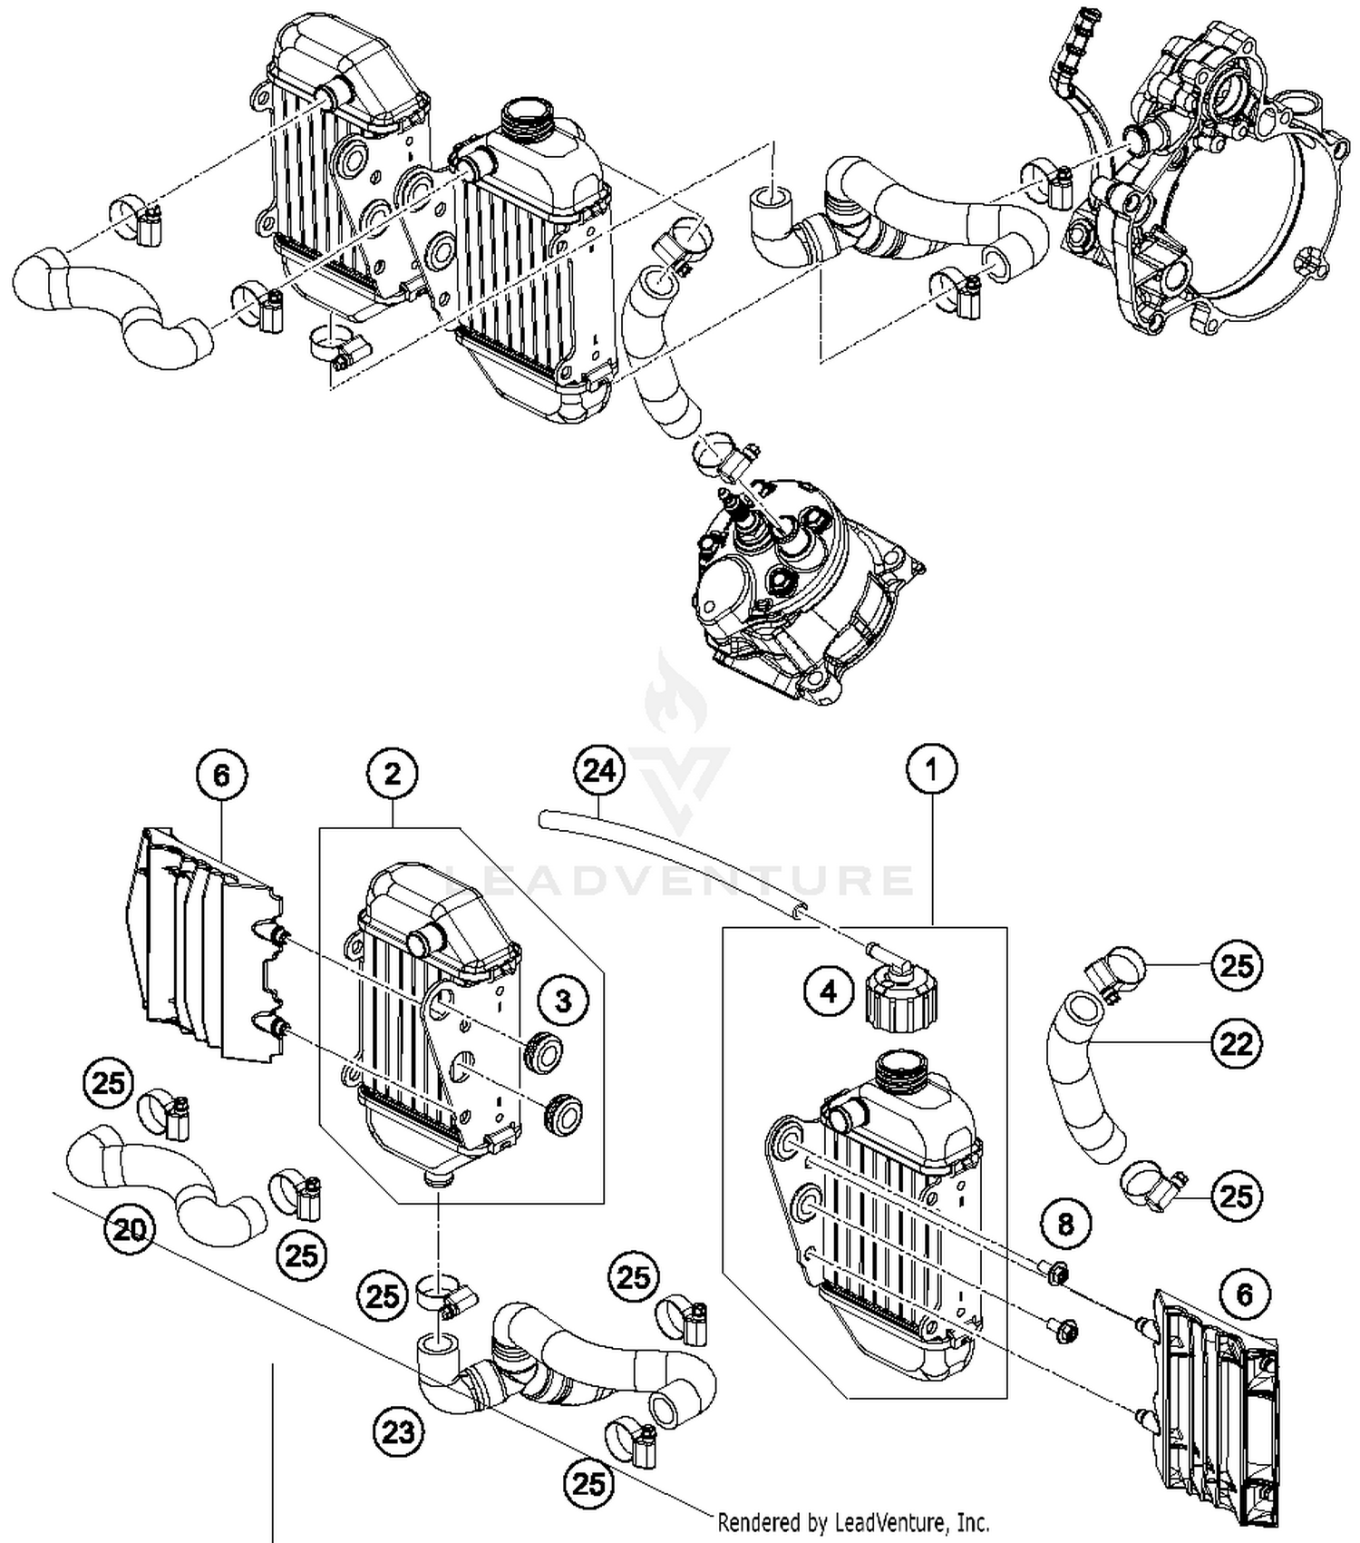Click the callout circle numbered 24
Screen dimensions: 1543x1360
[x=599, y=771]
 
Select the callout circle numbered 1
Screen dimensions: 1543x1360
[x=932, y=769]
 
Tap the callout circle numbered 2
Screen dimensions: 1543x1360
[x=393, y=774]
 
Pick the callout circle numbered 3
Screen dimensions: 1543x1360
[x=563, y=1001]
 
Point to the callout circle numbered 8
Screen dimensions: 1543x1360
[x=1065, y=1224]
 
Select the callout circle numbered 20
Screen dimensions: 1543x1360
[x=130, y=1230]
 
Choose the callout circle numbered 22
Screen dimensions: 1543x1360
[x=1236, y=1044]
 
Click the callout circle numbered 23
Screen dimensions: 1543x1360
[x=398, y=1432]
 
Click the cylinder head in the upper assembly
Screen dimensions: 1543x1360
[x=798, y=599]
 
